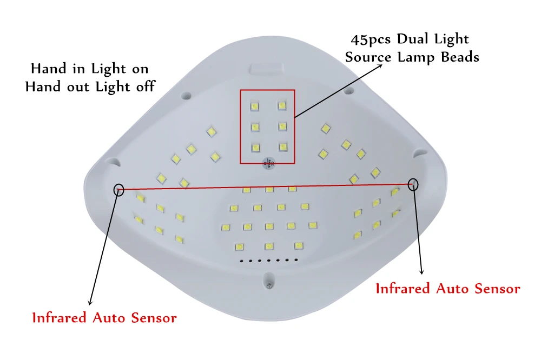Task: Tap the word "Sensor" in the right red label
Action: (x=497, y=289)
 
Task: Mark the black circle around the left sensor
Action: (x=119, y=189)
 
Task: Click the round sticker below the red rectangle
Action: (x=267, y=162)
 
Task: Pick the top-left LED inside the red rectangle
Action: (x=253, y=105)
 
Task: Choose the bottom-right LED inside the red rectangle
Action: (x=281, y=146)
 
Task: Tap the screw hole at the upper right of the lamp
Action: (x=349, y=89)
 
